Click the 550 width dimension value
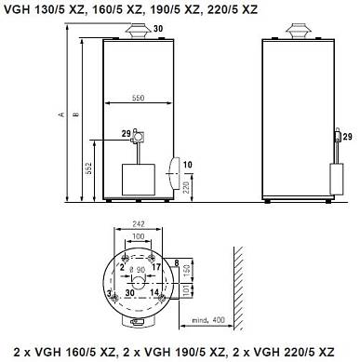pos(139,98)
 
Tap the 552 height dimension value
pos(88,168)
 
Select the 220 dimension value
pos(186,188)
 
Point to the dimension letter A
pos(61,114)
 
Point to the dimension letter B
pos(75,114)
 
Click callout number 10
pos(188,165)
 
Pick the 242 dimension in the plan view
pos(139,223)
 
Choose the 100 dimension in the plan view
pos(138,236)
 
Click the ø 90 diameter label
pos(137,270)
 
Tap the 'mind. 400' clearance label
pos(208,320)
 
